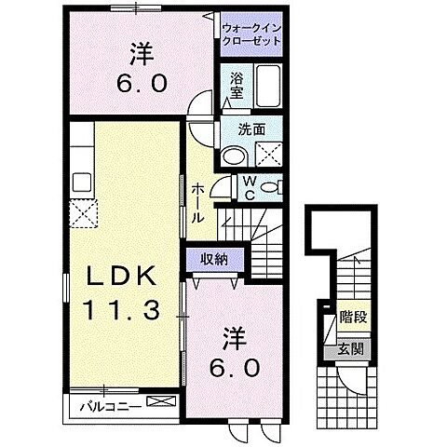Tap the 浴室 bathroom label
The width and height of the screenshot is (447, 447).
point(237,87)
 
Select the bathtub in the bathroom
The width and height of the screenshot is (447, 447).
point(272,87)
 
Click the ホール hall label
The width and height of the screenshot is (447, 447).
point(199,201)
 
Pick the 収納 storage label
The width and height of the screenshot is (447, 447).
point(215,260)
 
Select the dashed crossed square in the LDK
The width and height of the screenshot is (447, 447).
point(86,214)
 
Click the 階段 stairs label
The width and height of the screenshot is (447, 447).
point(352,317)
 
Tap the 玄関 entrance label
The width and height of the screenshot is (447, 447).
point(351,348)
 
